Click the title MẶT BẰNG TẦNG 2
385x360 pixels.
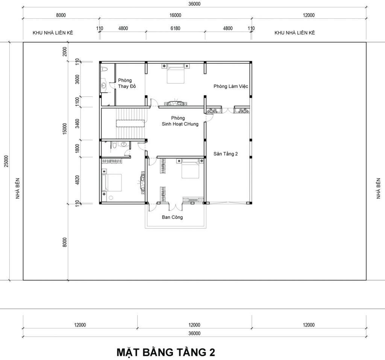[x=166, y=352]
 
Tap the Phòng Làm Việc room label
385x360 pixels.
[x=230, y=86]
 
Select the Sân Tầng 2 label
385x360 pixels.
[x=226, y=154]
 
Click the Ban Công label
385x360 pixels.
[x=172, y=217]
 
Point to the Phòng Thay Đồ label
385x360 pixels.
[x=127, y=83]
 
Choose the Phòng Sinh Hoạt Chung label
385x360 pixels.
[x=180, y=121]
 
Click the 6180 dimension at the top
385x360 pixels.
[x=175, y=28]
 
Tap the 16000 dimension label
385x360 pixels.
[x=175, y=15]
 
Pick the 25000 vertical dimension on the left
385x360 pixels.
[x=6, y=161]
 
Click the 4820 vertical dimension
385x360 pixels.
[x=77, y=180]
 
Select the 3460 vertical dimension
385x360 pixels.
[x=77, y=124]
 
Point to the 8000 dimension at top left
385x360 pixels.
[x=61, y=15]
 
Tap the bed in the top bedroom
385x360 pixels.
[x=176, y=74]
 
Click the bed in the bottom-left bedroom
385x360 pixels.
[x=112, y=183]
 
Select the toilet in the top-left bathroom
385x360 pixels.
[x=105, y=69]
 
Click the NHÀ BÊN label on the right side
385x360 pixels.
[x=378, y=189]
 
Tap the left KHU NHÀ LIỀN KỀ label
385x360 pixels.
[x=53, y=33]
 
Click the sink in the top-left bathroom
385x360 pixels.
[x=104, y=85]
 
